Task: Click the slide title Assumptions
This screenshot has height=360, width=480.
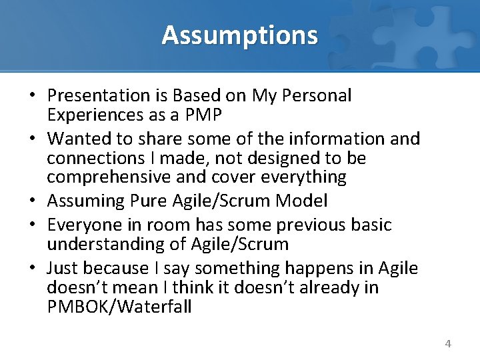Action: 239,35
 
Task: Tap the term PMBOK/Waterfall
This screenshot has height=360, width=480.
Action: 119,307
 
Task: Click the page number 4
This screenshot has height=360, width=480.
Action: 448,344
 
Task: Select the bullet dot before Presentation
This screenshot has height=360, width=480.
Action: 32,97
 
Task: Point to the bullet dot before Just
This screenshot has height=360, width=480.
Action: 32,269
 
